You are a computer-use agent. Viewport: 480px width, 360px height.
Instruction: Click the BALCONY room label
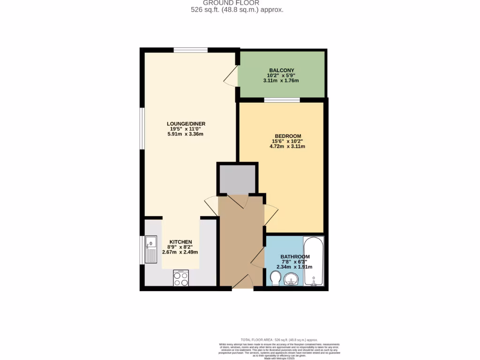281,70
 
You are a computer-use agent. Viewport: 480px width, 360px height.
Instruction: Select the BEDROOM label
287,136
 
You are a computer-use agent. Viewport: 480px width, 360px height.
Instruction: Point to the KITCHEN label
180,242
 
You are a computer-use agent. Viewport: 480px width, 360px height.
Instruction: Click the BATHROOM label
295,257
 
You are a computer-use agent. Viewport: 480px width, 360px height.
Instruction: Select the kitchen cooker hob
181,277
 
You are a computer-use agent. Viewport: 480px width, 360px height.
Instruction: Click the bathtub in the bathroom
313,261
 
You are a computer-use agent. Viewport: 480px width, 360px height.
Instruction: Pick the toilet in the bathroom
275,278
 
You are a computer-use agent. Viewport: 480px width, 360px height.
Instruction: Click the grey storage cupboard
238,179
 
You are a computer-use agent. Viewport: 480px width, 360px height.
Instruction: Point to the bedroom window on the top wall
282,99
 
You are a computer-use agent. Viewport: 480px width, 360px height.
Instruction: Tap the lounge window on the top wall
190,50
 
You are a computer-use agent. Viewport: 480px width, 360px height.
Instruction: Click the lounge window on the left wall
142,128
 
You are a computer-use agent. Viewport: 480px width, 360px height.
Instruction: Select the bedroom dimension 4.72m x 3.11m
287,146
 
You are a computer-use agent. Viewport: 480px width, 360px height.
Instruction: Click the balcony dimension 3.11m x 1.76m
281,81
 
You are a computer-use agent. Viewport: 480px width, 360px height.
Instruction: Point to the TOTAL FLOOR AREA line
279,340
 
